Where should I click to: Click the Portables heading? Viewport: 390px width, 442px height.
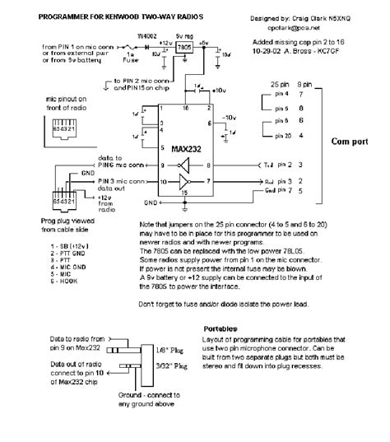tap(221, 328)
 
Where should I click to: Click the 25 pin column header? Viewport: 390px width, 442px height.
tap(282, 85)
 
